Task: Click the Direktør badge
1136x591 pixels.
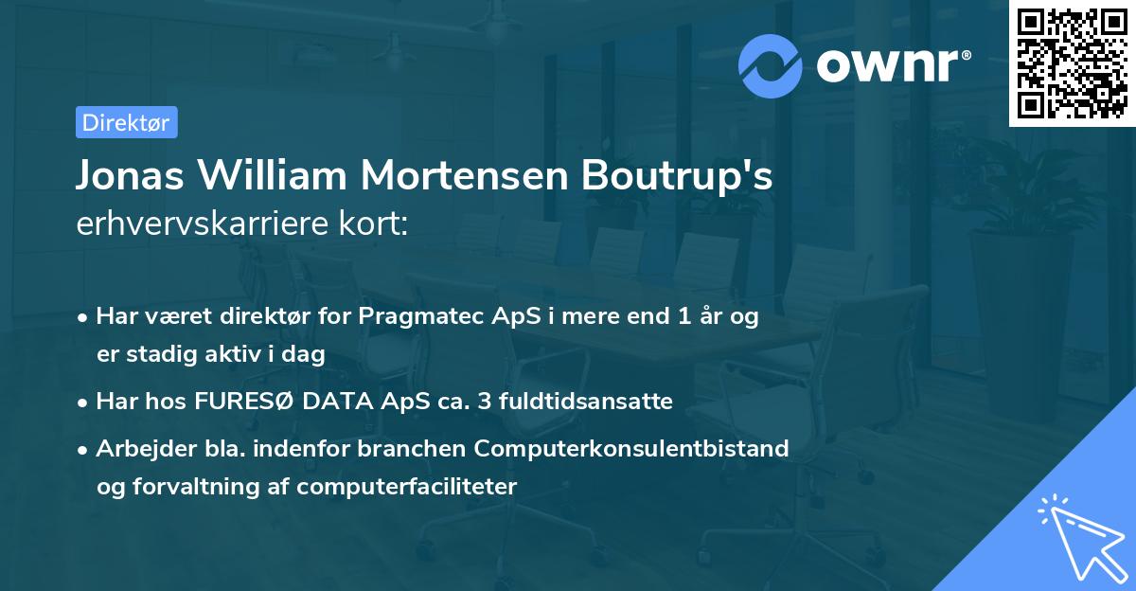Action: pos(126,122)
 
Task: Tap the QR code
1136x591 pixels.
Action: pos(1073,63)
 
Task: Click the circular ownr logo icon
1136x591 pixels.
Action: pos(771,65)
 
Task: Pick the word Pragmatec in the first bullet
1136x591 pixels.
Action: pos(416,317)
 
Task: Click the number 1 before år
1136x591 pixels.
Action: pos(683,317)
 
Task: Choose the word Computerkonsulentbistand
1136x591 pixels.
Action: pos(632,448)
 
